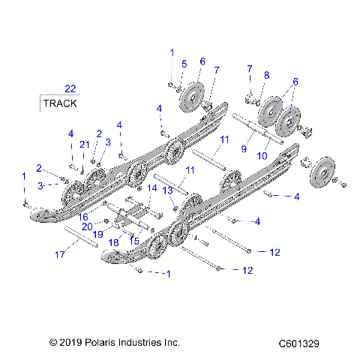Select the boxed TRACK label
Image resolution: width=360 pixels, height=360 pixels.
click(x=59, y=103)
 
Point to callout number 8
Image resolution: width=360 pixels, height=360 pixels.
click(x=265, y=76)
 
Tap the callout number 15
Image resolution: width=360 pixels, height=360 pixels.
click(x=135, y=240)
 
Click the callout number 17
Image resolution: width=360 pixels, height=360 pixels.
click(x=59, y=254)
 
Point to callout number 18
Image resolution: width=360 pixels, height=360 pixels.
click(x=114, y=243)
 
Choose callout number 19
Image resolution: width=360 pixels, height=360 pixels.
click(x=97, y=234)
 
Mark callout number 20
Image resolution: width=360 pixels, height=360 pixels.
click(x=87, y=226)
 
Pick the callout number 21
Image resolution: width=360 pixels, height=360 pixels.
click(x=85, y=144)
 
